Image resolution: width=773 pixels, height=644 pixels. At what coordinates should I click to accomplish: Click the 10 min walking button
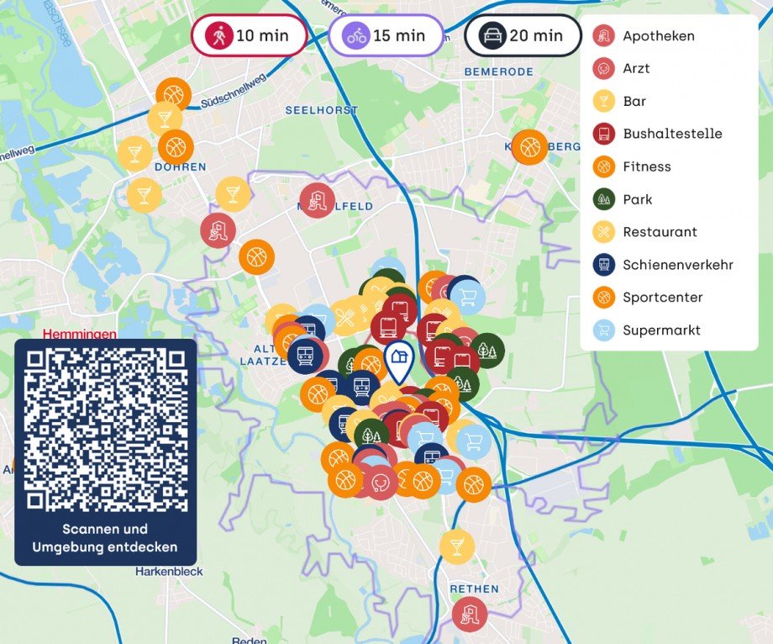248,36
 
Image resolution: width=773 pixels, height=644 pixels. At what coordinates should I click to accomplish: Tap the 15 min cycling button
386,36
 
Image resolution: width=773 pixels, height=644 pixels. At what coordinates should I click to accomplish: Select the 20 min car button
523,36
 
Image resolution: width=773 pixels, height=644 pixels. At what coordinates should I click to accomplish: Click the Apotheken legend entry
658,36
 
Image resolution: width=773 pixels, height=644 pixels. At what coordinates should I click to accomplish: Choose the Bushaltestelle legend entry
671,134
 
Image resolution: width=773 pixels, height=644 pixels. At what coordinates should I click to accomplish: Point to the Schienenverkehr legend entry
677,265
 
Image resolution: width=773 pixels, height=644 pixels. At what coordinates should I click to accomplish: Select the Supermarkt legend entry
660,330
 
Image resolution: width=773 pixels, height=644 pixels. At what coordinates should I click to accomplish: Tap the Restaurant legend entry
660,232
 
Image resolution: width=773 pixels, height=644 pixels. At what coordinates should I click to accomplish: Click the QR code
106,429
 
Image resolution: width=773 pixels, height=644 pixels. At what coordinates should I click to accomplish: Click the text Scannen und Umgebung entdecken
105,538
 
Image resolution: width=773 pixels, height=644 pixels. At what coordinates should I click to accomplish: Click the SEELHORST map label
322,110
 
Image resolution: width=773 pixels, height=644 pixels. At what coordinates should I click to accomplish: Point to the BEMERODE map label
498,72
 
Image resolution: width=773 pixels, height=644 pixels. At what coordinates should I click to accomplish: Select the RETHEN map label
474,589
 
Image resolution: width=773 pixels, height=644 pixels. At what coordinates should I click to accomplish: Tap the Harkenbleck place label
169,572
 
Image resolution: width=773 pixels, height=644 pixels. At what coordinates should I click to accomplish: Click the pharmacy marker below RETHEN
470,615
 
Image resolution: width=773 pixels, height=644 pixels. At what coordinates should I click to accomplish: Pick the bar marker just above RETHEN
457,546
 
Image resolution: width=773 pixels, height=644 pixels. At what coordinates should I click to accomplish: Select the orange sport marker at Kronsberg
529,147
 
